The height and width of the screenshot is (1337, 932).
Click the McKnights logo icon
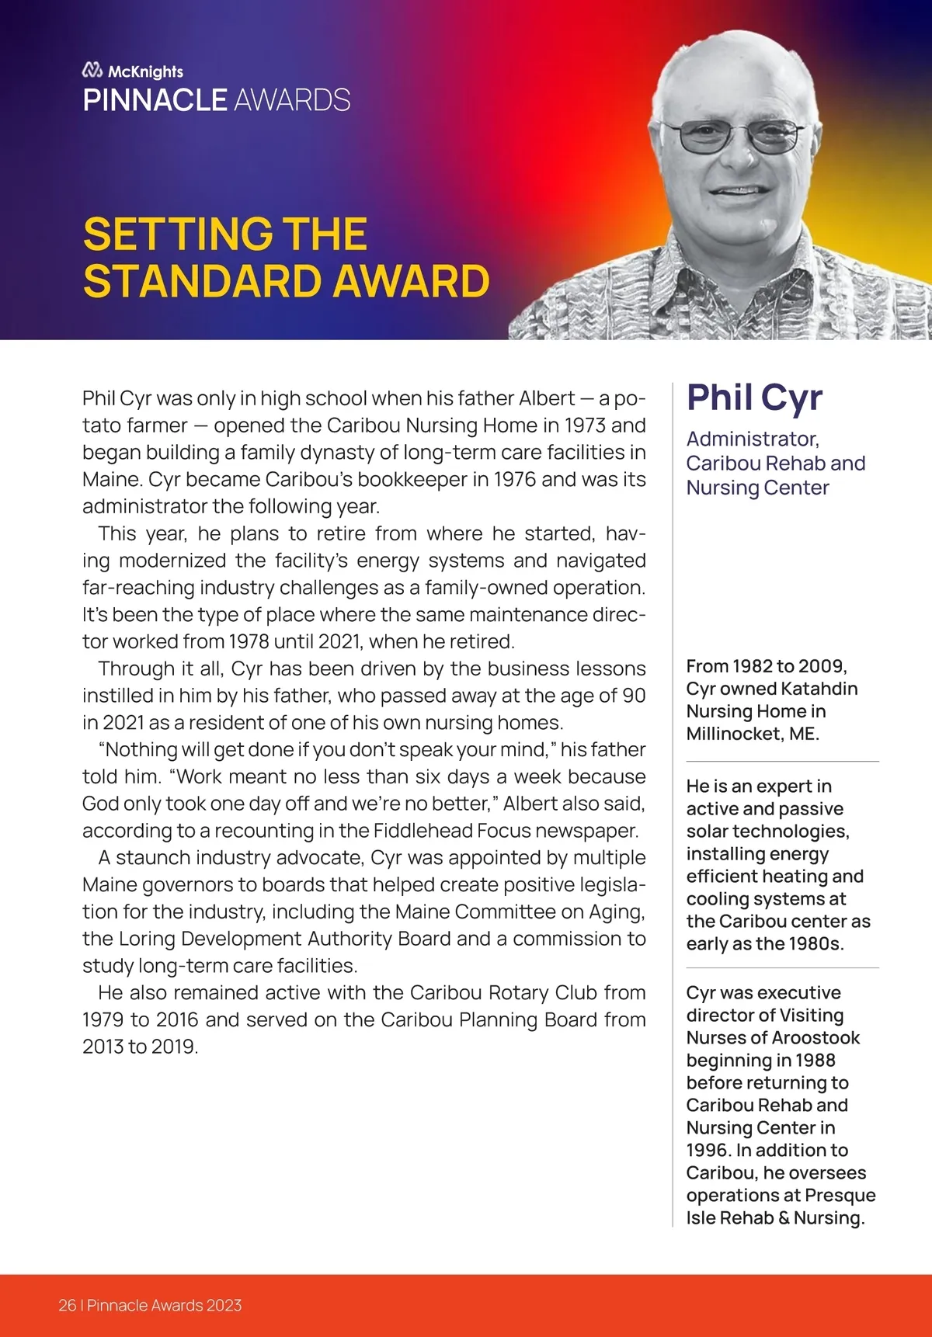point(92,71)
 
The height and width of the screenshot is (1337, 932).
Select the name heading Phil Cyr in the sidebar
point(753,398)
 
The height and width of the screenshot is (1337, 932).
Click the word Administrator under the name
point(752,439)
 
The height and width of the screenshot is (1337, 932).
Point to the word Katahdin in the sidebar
point(819,689)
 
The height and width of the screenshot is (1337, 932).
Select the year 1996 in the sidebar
point(708,1151)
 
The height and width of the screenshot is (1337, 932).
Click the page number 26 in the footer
point(67,1305)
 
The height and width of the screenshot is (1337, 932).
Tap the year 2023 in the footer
point(224,1305)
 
